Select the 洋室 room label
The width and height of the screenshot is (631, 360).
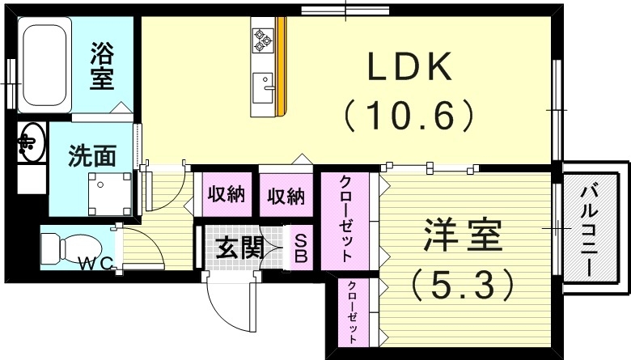[x=462, y=237]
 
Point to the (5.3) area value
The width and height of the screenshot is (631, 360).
[x=462, y=283]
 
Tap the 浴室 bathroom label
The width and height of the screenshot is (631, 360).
[x=102, y=68]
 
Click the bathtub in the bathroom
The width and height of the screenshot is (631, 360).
[x=45, y=68]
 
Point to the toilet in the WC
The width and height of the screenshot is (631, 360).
[x=61, y=247]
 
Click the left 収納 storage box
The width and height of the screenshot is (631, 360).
[x=226, y=195]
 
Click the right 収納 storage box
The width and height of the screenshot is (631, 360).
[x=286, y=195]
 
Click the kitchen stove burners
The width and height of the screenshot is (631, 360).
[x=264, y=36]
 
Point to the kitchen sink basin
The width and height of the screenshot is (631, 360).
[x=263, y=85]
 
